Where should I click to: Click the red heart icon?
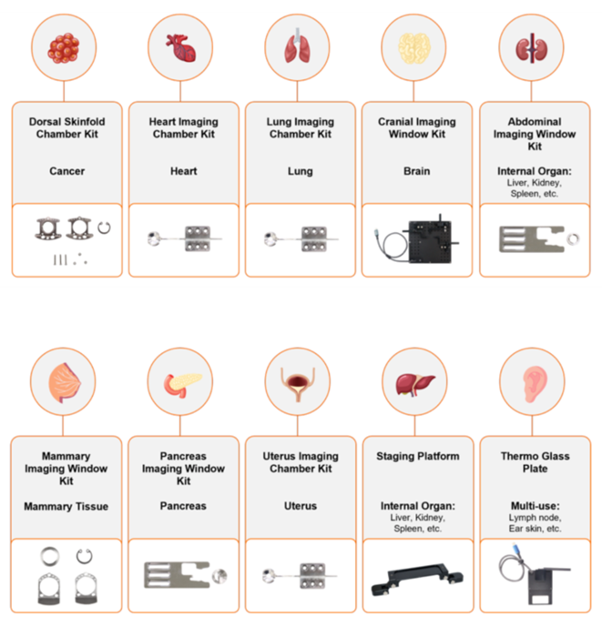(181, 47)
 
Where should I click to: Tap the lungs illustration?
(297, 45)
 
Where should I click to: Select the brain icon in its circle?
(414, 48)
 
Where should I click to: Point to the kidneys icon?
(531, 48)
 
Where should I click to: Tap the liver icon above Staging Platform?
(415, 383)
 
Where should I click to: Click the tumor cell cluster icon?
(64, 48)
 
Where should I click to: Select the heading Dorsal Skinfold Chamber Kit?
(67, 127)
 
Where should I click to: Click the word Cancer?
(67, 171)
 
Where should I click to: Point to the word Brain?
(416, 171)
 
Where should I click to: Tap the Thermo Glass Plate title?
(535, 462)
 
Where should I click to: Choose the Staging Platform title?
(418, 456)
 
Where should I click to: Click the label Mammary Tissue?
(66, 506)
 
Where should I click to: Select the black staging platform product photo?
(417, 579)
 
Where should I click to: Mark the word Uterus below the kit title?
(301, 506)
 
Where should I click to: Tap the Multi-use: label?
(535, 506)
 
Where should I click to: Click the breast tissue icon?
(65, 383)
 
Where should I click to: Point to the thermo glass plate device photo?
(535, 580)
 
